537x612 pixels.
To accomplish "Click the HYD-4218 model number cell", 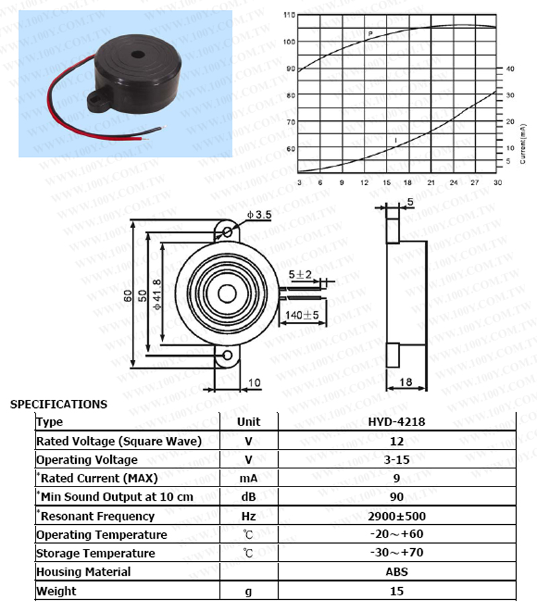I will tap(396, 422).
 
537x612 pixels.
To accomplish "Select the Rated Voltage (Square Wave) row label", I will tap(119, 441).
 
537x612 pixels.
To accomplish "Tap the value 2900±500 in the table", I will tap(396, 516).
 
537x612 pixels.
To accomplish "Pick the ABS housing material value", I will tap(397, 572).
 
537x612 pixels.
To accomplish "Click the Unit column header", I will tap(248, 422).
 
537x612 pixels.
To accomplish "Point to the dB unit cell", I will tap(248, 497).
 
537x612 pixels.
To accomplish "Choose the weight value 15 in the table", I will tap(396, 591).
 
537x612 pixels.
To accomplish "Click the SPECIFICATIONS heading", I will tap(58, 404).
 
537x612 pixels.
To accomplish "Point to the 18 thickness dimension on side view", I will tap(405, 382).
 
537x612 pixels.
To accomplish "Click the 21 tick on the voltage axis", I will tap(431, 183).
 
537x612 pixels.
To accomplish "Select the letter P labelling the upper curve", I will tap(370, 34).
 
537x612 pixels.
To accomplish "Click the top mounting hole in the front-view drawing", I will tap(228, 233).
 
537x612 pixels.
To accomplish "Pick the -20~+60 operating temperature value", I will tap(396, 534).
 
